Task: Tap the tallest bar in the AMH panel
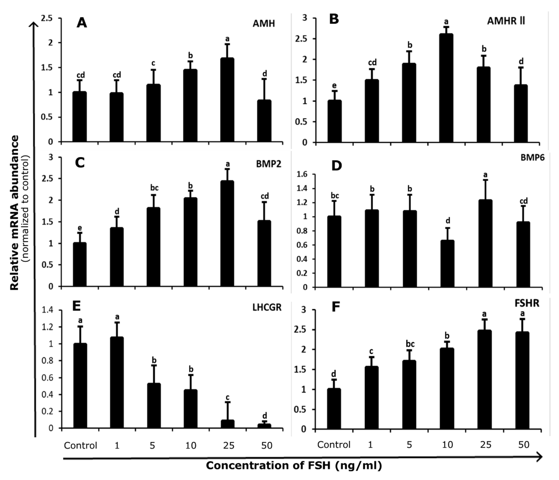[227, 100]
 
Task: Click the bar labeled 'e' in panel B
[335, 121]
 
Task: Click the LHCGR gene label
[267, 307]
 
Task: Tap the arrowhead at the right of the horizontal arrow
[539, 457]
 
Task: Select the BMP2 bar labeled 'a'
[227, 233]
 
